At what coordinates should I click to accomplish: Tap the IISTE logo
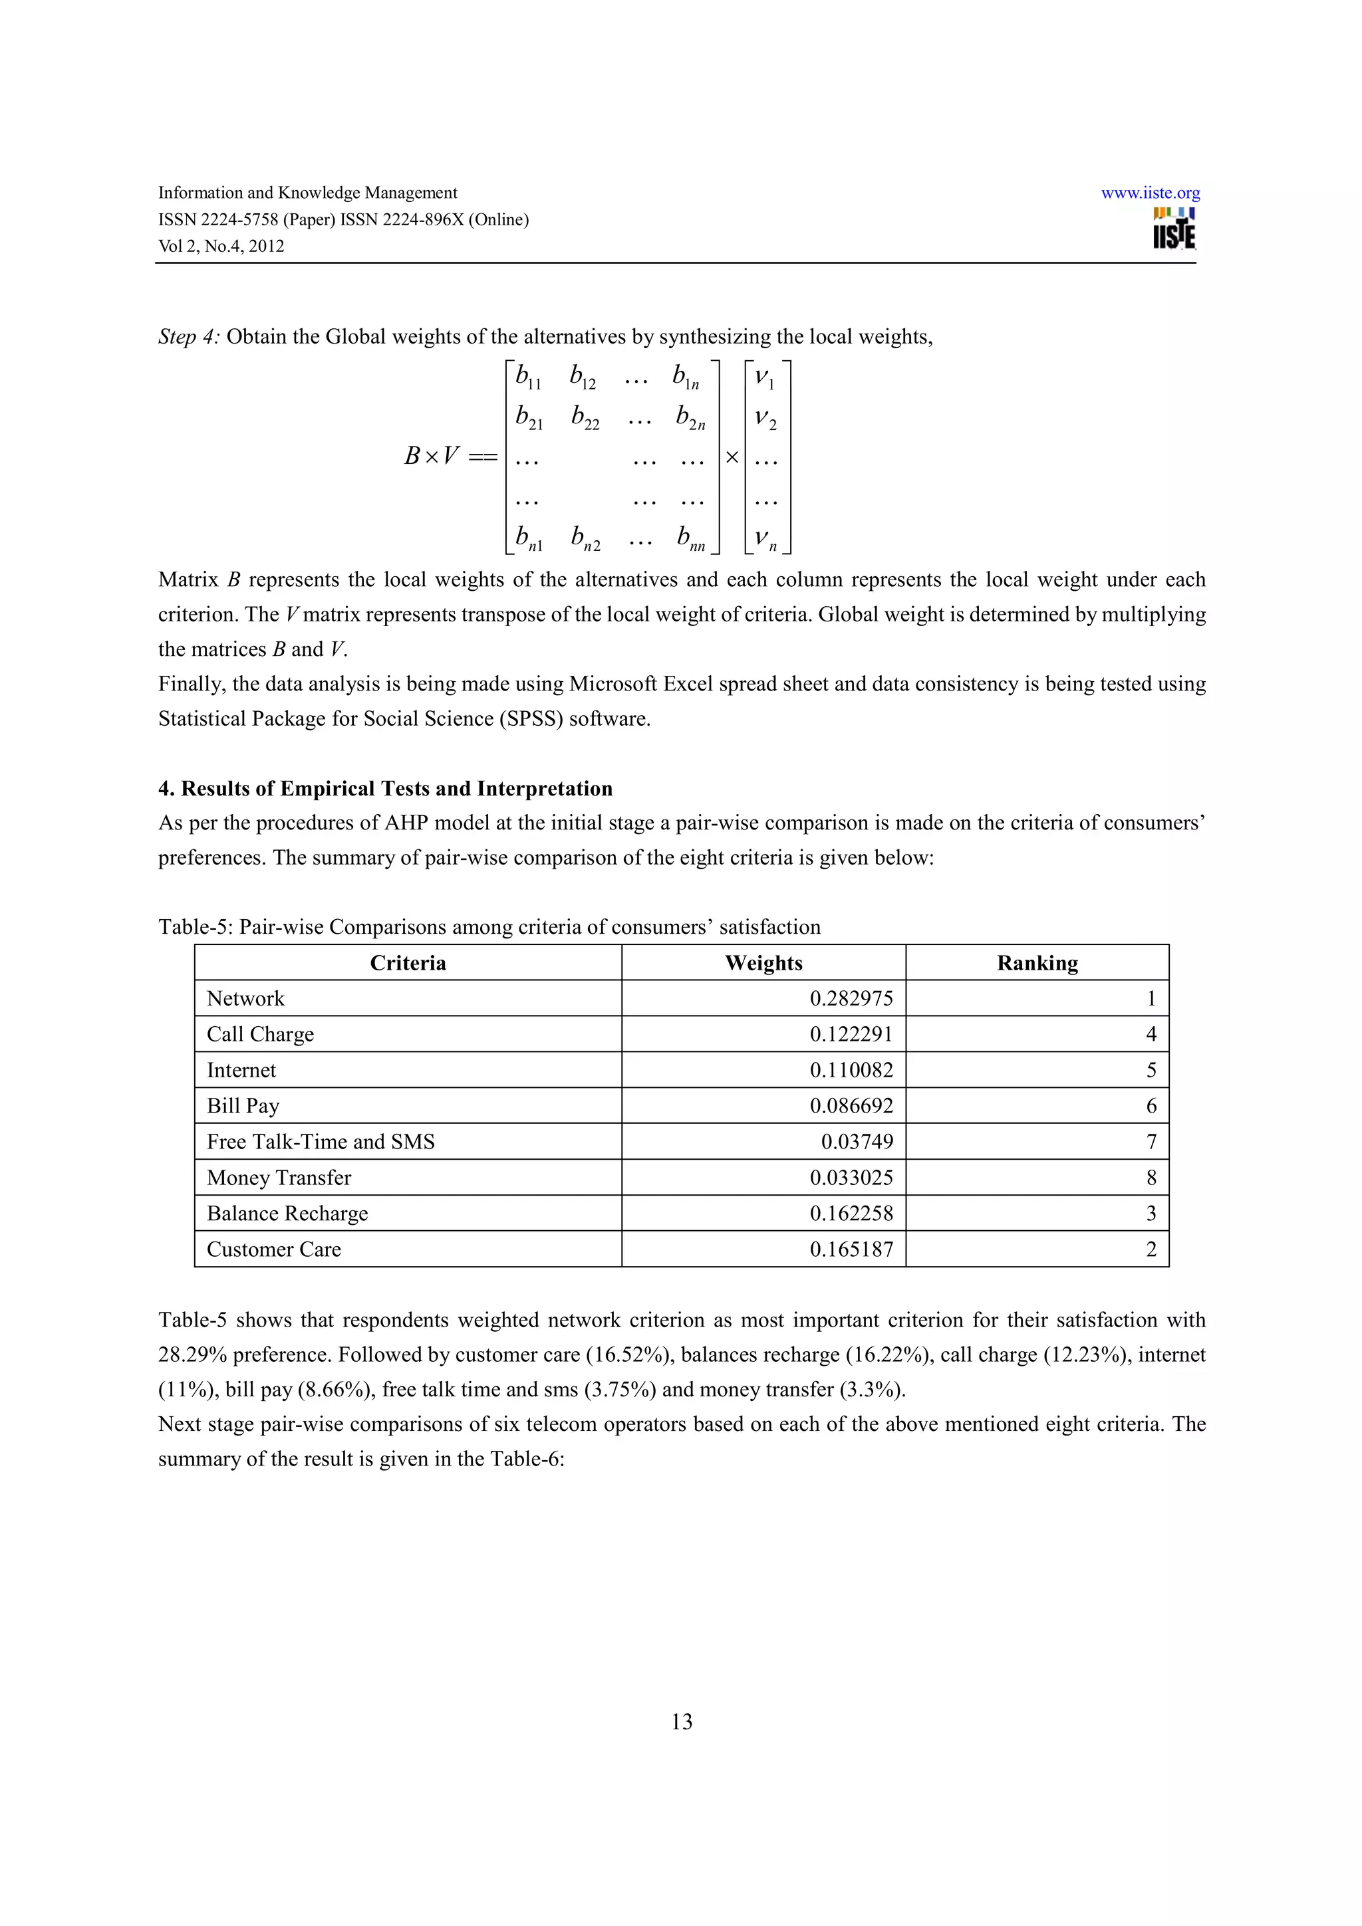pyautogui.click(x=1173, y=228)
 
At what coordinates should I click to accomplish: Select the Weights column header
pyautogui.click(x=763, y=962)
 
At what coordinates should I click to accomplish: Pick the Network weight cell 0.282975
pyautogui.click(x=851, y=998)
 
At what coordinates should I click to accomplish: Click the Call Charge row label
pyautogui.click(x=260, y=1034)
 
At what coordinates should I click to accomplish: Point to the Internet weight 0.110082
pyautogui.click(x=851, y=1071)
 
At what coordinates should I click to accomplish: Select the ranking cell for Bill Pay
pyautogui.click(x=1151, y=1106)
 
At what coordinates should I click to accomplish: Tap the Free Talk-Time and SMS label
pyautogui.click(x=321, y=1142)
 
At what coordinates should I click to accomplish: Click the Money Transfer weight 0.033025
pyautogui.click(x=851, y=1178)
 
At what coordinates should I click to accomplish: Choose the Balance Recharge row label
pyautogui.click(x=287, y=1213)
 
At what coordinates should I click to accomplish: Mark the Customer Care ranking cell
pyautogui.click(x=1151, y=1249)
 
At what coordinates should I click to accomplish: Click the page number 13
pyautogui.click(x=682, y=1721)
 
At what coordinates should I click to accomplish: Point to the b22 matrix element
pyautogui.click(x=585, y=417)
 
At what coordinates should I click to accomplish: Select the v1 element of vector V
pyautogui.click(x=765, y=378)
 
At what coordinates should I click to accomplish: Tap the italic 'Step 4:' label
pyautogui.click(x=189, y=337)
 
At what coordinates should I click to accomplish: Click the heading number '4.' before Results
pyautogui.click(x=166, y=788)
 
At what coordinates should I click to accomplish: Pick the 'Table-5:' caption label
pyautogui.click(x=196, y=927)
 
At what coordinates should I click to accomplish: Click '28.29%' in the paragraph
pyautogui.click(x=192, y=1354)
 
